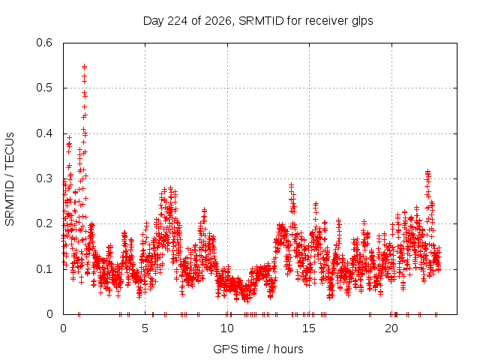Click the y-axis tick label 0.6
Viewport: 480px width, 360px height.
click(x=44, y=43)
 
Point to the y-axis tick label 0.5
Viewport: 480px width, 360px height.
click(x=44, y=88)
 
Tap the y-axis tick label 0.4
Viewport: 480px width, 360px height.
click(x=44, y=133)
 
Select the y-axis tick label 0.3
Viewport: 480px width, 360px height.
click(x=44, y=178)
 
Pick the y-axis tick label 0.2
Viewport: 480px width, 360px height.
click(x=44, y=223)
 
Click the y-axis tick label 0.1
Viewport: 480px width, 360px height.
click(x=44, y=269)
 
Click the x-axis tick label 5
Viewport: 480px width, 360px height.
click(x=145, y=328)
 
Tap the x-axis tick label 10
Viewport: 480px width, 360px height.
click(x=226, y=328)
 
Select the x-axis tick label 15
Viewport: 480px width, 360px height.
click(x=309, y=328)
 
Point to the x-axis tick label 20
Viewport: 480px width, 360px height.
click(x=391, y=328)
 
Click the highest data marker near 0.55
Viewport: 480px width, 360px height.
click(x=84, y=67)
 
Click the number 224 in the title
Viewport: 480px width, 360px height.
click(x=178, y=21)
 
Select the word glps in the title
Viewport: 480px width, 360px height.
click(x=362, y=21)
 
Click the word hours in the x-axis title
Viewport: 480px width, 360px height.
click(x=288, y=349)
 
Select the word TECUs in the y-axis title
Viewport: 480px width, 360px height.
click(x=10, y=151)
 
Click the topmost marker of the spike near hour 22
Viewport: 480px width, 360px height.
click(x=428, y=172)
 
